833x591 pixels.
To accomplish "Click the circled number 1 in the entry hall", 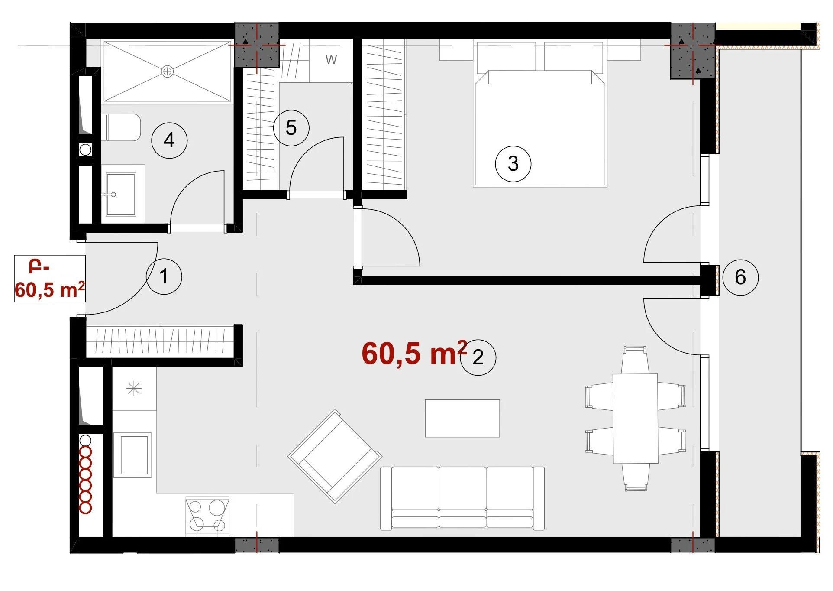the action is point(164,276).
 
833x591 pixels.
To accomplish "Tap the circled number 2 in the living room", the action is point(478,357).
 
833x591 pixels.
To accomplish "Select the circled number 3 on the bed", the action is point(513,164).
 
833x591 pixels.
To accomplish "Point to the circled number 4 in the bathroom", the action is point(169,140).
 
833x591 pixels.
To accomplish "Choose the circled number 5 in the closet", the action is point(291,128).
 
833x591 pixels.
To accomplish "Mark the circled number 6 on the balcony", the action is point(740,277).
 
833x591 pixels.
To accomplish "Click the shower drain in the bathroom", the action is point(168,71).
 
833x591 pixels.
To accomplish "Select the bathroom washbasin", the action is point(120,195).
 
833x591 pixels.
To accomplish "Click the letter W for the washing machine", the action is point(331,60).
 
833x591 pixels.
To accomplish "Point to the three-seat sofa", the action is point(462,498).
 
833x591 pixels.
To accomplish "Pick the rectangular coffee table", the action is point(462,418).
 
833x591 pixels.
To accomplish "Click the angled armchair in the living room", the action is point(335,456).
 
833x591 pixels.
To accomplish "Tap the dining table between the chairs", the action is point(635,419).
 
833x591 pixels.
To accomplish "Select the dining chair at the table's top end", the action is point(635,360).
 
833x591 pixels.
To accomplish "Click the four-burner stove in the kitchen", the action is point(207,516).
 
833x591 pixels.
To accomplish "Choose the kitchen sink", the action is point(132,455).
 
